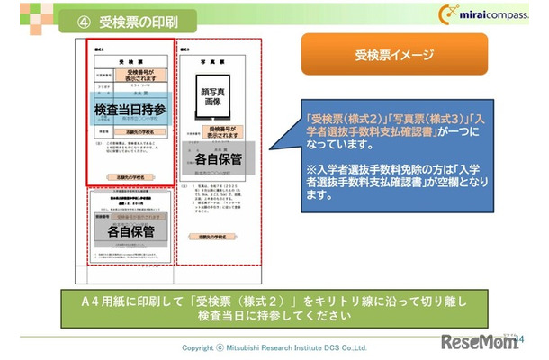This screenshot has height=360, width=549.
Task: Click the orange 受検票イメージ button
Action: tap(394, 54)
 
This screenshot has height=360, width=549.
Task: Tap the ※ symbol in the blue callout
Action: tap(310, 168)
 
